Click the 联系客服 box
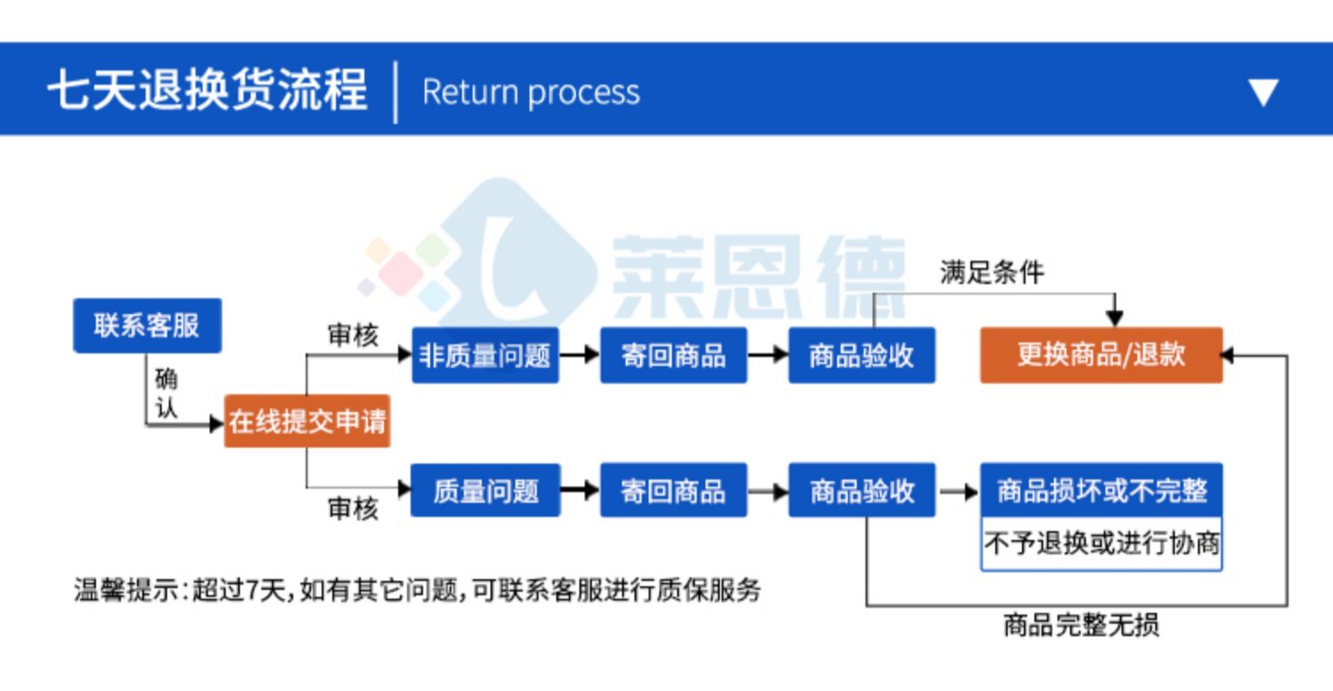pos(148,325)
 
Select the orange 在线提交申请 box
pos(307,422)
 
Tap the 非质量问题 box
pos(485,355)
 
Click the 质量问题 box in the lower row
pos(485,490)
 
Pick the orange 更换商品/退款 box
pos(1102,355)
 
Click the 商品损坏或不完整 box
pos(1102,490)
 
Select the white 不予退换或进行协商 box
pos(1102,544)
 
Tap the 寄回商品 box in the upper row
pos(674,355)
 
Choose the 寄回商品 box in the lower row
pos(674,490)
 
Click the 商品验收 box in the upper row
pos(862,355)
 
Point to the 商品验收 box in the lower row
pos(862,490)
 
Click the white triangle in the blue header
pos(1264,92)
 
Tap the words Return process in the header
pos(531,92)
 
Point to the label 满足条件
pos(992,273)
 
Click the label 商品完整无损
pos(1082,625)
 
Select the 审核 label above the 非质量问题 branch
pos(353,335)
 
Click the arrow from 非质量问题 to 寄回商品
pos(579,355)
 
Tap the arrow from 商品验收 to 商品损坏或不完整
pos(959,492)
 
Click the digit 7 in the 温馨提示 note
pos(251,591)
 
